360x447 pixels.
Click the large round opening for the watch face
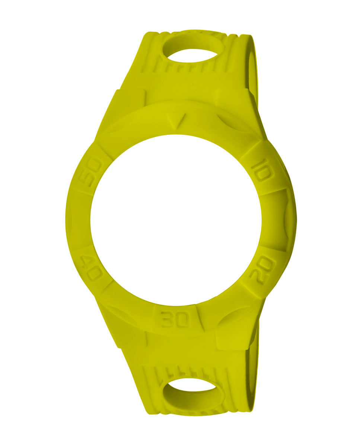(176, 220)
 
